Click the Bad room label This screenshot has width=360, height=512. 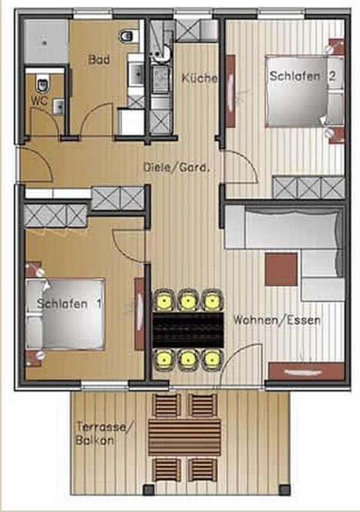coord(99,60)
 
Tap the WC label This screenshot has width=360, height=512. coord(39,101)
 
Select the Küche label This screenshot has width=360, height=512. coord(199,78)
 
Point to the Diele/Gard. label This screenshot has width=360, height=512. coord(176,168)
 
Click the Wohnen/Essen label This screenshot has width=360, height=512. coord(277,320)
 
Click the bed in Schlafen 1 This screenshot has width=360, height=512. coord(65,314)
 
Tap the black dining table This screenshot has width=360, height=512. coord(188,330)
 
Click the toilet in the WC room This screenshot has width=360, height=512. coord(43,85)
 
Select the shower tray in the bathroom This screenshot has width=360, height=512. coord(46,42)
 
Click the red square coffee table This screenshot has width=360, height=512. coord(281,270)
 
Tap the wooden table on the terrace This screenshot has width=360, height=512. coord(184,437)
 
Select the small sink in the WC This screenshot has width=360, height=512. coord(58,107)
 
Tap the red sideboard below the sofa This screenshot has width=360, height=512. coord(306,372)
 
